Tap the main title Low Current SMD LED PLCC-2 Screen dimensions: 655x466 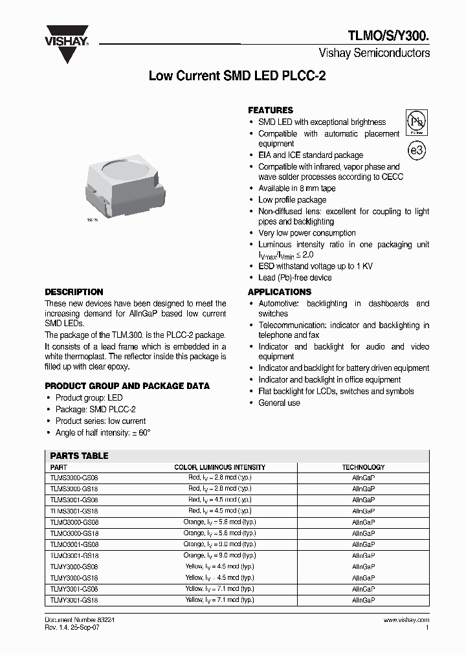coord(237,76)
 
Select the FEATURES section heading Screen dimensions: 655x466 coord(271,110)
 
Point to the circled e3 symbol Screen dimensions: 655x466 coord(417,150)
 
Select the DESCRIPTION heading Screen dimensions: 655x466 coord(74,292)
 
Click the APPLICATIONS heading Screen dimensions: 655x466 coord(280,292)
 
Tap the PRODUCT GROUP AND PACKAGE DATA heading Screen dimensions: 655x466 coord(127,386)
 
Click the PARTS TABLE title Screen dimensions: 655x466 coord(79,456)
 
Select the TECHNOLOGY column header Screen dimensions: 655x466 coord(363,467)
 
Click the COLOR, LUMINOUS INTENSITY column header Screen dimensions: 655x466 coord(219,467)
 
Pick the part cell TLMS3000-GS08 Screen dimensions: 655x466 coord(74,478)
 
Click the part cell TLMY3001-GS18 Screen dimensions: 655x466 coord(74,600)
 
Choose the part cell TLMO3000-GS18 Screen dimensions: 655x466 coord(74,533)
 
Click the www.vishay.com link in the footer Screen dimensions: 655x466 coord(406,619)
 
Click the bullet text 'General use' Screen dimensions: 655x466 coord(279,403)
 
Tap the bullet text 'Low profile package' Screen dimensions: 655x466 coord(292,200)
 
